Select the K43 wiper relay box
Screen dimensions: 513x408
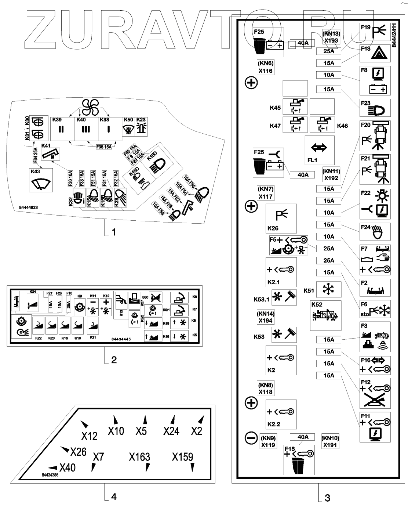41,180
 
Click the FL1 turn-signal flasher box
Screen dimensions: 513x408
319,150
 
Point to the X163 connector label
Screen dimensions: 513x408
139,457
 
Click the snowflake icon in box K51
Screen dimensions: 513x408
326,289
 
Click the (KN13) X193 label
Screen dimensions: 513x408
331,37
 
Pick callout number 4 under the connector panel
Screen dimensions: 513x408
114,496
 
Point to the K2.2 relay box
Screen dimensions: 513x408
281,414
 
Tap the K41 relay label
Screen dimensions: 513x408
46,145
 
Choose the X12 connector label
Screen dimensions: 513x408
89,436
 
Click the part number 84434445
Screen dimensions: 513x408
121,339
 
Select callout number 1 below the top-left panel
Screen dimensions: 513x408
114,232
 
